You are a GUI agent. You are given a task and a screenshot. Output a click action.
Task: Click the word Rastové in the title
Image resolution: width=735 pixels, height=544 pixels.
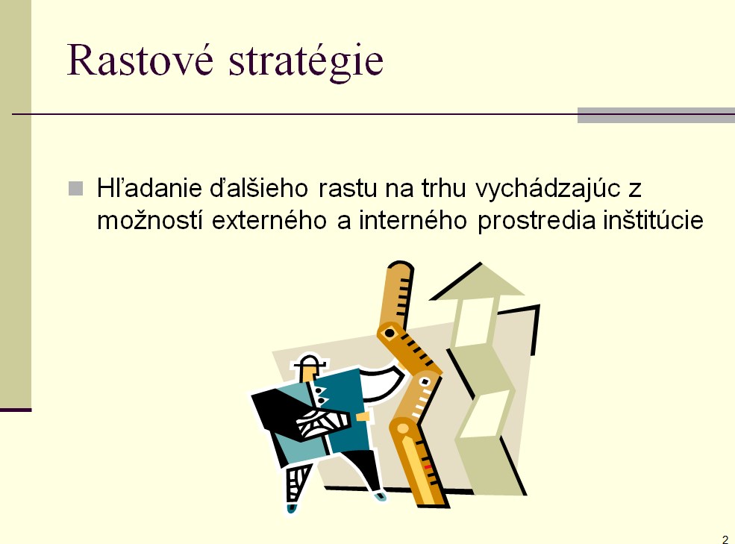[140, 60]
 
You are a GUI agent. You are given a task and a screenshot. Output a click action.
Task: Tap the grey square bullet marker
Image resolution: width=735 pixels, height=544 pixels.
[75, 189]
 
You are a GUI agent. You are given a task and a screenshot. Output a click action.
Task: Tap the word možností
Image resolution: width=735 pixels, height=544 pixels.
[150, 220]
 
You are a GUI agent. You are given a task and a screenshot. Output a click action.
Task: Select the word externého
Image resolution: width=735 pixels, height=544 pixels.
[269, 220]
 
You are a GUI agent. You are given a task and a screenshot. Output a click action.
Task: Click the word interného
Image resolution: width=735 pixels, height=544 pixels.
[413, 220]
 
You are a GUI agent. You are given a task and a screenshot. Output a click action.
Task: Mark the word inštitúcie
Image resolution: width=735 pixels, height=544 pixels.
[653, 220]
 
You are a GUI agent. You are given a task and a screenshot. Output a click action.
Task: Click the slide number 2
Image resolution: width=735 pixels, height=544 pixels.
[725, 540]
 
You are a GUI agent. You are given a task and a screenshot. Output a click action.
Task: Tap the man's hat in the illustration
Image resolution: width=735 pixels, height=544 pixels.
[310, 361]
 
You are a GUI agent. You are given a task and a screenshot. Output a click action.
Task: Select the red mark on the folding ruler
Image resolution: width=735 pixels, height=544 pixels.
[428, 467]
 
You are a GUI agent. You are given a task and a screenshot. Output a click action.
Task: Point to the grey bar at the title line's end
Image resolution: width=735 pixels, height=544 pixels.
[656, 115]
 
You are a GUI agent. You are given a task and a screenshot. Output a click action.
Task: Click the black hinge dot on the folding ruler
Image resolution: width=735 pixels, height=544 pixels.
[390, 333]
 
